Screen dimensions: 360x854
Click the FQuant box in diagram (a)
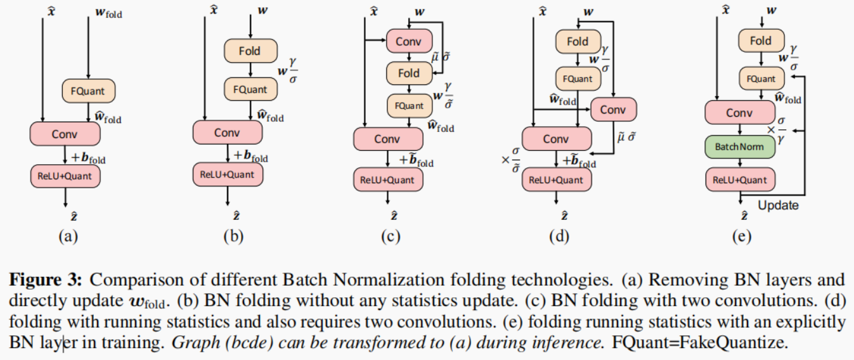[x=89, y=91]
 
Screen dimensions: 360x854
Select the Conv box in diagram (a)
[x=65, y=134]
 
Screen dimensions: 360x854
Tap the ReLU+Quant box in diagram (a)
[x=65, y=176]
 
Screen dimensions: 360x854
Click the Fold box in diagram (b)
[x=250, y=51]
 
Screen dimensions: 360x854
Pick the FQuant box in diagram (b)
[x=250, y=89]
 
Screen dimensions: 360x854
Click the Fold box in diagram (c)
[x=409, y=73]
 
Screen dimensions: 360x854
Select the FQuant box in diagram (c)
[x=409, y=106]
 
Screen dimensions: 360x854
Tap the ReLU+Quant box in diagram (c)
[x=387, y=179]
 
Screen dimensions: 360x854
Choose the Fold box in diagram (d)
[x=578, y=42]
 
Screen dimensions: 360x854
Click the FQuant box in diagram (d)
[x=578, y=79]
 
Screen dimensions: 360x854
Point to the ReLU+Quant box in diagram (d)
[x=557, y=179]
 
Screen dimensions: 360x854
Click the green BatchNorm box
[x=739, y=146]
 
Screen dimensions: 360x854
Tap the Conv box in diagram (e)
[x=739, y=113]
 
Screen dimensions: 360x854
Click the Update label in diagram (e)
[x=778, y=205]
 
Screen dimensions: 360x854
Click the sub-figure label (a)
[x=68, y=237]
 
